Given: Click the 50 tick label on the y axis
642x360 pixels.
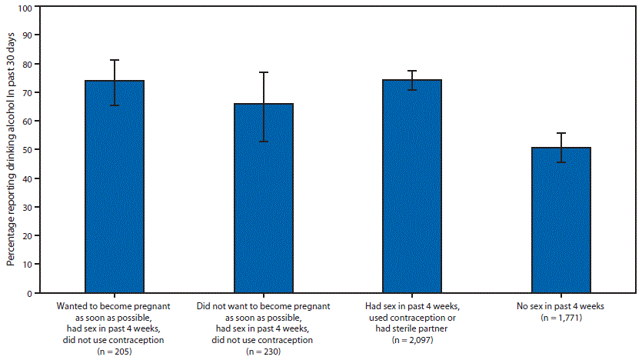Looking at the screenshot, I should (x=28, y=150).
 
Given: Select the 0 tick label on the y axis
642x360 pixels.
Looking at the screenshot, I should (x=31, y=293).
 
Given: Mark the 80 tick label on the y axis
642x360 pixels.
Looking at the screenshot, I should (x=28, y=64).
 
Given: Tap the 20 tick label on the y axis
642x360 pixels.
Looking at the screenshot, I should (x=28, y=236).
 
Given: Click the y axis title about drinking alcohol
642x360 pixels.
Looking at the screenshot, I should (x=11, y=150).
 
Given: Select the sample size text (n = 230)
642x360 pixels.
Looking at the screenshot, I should (x=263, y=348).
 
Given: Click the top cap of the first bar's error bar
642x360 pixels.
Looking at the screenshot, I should (x=115, y=60).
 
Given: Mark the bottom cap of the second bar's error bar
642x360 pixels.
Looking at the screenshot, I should (x=263, y=142).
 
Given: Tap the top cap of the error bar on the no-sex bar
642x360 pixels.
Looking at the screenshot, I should (x=561, y=133).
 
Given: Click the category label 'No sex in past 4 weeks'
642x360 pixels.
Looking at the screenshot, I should (x=561, y=305).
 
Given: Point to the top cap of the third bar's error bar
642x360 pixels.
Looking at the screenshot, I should (x=412, y=71).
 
